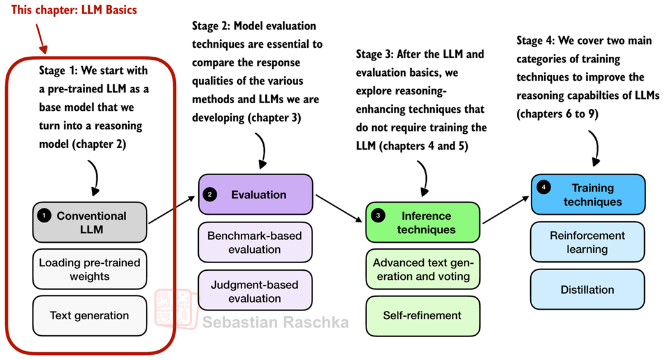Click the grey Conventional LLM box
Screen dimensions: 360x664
click(x=90, y=222)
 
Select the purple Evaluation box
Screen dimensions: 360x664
click(x=256, y=194)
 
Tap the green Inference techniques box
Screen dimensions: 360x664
click(x=422, y=222)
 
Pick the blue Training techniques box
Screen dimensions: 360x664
click(x=588, y=194)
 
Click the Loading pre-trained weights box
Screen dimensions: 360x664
click(x=90, y=270)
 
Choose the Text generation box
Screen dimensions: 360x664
click(x=90, y=315)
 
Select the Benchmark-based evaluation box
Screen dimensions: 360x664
click(x=256, y=242)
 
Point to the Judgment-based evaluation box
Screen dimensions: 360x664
click(x=256, y=291)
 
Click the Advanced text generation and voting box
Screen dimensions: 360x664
click(x=422, y=270)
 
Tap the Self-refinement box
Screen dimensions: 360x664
click(x=422, y=315)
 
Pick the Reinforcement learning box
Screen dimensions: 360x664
click(x=588, y=242)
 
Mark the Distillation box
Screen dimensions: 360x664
click(x=588, y=290)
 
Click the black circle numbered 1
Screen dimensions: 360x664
click(x=43, y=216)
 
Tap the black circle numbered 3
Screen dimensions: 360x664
click(x=378, y=216)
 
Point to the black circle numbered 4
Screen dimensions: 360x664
click(x=544, y=188)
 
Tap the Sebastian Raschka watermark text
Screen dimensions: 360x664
click(x=275, y=322)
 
